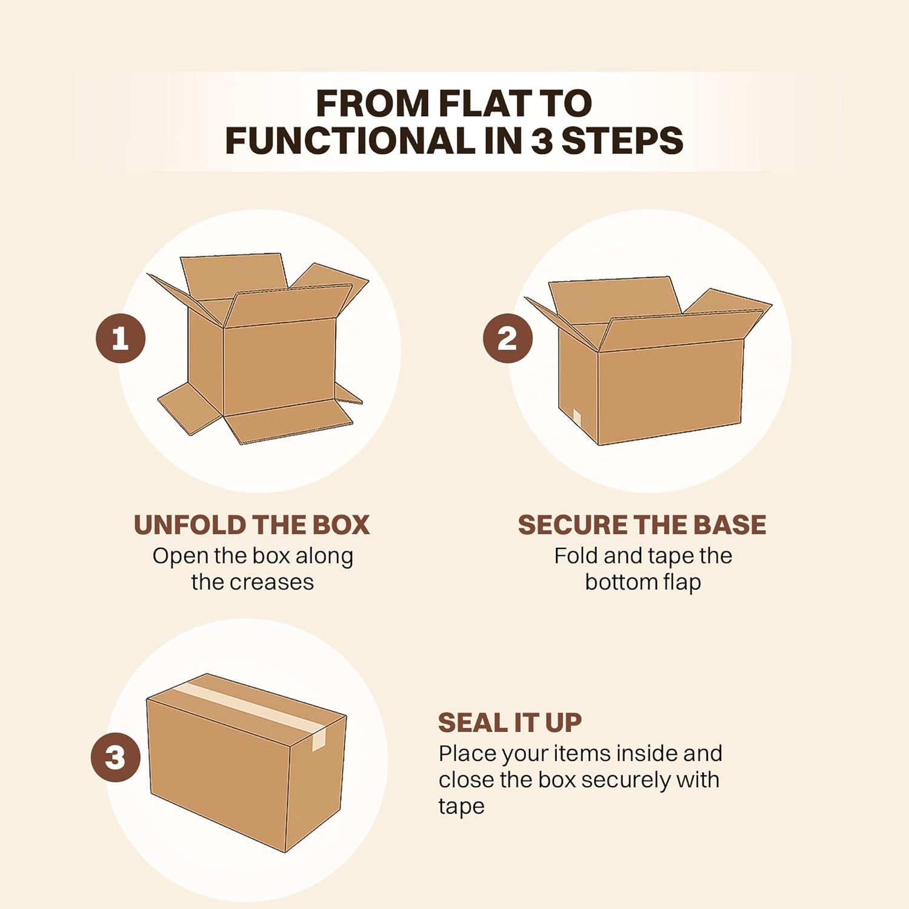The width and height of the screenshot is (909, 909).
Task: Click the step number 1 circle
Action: pyautogui.click(x=121, y=338)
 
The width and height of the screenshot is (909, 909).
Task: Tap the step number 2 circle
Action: pyautogui.click(x=508, y=338)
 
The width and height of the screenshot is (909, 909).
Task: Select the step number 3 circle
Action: pyautogui.click(x=116, y=757)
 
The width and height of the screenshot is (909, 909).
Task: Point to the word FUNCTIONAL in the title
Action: pyautogui.click(x=350, y=141)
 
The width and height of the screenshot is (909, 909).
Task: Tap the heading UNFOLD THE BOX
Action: pyautogui.click(x=251, y=525)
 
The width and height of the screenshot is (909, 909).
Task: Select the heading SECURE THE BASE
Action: pyautogui.click(x=642, y=525)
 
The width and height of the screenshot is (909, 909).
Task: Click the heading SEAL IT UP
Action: pyautogui.click(x=510, y=722)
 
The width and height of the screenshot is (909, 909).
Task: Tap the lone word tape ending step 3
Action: pyautogui.click(x=461, y=807)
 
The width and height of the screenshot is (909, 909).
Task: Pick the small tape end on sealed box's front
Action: pyautogui.click(x=319, y=739)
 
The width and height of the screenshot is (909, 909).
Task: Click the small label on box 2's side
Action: pyautogui.click(x=577, y=418)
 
